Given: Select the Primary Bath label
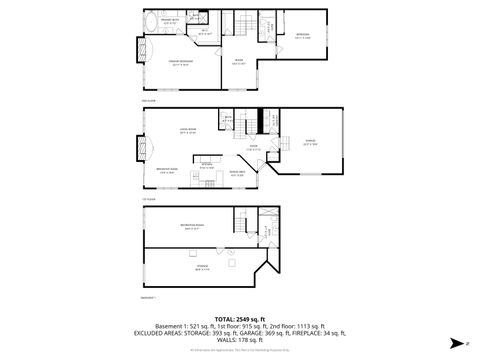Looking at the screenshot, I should tap(168, 20).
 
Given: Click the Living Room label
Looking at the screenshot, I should tap(186, 130).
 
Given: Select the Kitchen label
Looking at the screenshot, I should tap(206, 166).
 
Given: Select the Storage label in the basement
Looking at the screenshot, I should tap(203, 266).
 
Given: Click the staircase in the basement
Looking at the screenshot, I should tap(244, 226).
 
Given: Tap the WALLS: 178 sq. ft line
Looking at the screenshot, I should tap(240, 343).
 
